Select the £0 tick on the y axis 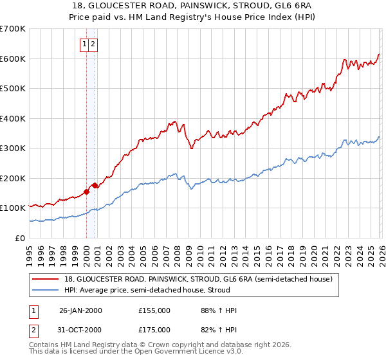(x=21, y=238)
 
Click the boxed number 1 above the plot (x=85, y=44)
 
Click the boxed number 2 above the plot (x=93, y=44)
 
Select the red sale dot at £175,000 (x=95, y=185)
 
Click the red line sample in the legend (x=45, y=279)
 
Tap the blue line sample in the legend (x=45, y=290)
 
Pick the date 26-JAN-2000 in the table (x=80, y=310)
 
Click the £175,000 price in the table (x=154, y=330)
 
